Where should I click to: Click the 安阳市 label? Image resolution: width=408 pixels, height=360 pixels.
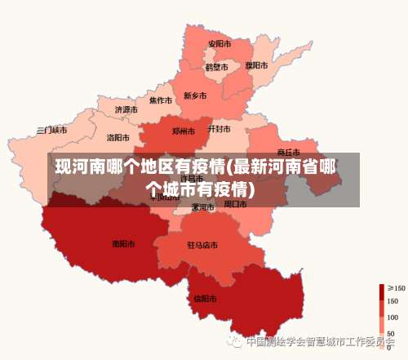[x=220, y=43]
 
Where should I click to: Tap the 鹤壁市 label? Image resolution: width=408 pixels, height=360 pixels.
[x=216, y=67]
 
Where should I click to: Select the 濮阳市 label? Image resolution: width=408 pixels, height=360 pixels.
[x=256, y=65]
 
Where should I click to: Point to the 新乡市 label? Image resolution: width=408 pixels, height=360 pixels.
[x=195, y=96]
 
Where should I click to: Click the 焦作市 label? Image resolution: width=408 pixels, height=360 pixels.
[x=161, y=100]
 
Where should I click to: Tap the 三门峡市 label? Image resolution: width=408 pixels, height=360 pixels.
[x=52, y=130]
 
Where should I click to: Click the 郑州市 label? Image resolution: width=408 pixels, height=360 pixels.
[x=184, y=131]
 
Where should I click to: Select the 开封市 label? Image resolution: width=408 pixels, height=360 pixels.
[x=220, y=129]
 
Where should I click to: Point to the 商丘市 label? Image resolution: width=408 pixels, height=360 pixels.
[x=289, y=152]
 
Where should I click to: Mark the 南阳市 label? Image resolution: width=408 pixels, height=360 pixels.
[x=123, y=243]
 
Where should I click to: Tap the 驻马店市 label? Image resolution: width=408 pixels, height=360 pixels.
[x=202, y=245]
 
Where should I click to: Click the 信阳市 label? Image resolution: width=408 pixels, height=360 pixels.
[x=204, y=298]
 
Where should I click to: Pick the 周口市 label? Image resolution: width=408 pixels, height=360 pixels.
[x=235, y=203]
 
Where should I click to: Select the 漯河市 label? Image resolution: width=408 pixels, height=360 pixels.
[x=202, y=207]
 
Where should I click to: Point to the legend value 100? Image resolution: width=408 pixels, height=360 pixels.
[x=392, y=317]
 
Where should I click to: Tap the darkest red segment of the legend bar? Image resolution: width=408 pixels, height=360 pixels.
[x=382, y=291]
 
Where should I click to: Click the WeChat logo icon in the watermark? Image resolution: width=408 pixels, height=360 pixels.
[x=235, y=341]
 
